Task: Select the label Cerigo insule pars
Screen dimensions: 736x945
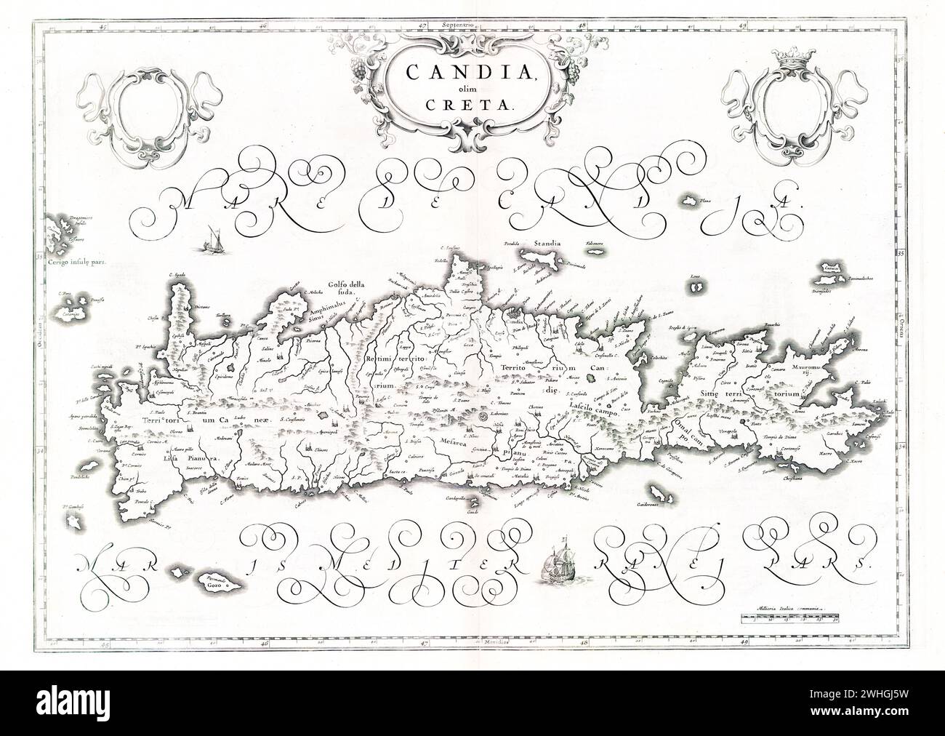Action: [x=71, y=264]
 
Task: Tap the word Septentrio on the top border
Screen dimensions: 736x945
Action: [x=457, y=25]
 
